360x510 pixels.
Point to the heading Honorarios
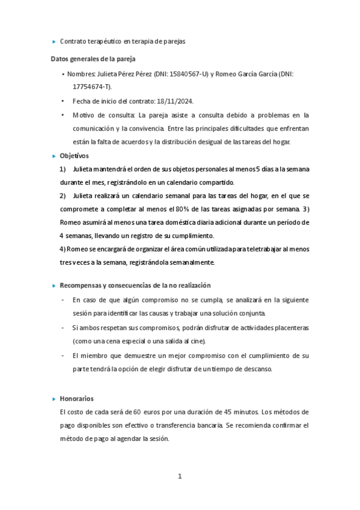(76, 399)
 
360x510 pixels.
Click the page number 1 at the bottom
(180, 476)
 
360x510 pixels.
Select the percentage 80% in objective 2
(183, 209)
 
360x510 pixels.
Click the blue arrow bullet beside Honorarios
(54, 399)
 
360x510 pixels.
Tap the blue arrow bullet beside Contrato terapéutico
(54, 41)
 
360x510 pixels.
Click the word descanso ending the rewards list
(257, 369)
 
